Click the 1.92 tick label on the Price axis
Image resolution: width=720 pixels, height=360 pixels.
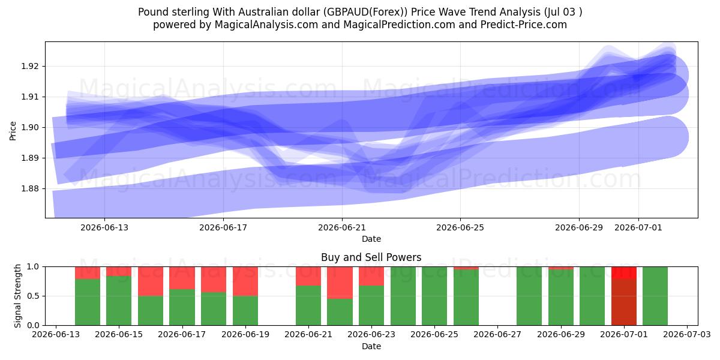pyautogui.click(x=29, y=66)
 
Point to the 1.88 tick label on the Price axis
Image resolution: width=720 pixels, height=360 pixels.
pyautogui.click(x=29, y=188)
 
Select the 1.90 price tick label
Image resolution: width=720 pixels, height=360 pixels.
pyautogui.click(x=29, y=127)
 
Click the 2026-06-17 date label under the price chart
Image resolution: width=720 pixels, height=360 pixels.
pyautogui.click(x=223, y=227)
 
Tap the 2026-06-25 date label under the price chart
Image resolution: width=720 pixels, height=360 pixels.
pyautogui.click(x=460, y=227)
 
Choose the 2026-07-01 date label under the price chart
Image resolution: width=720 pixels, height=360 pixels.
pyautogui.click(x=638, y=227)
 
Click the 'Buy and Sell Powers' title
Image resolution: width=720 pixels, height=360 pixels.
pyautogui.click(x=371, y=257)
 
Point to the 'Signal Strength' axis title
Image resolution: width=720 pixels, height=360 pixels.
pyautogui.click(x=17, y=296)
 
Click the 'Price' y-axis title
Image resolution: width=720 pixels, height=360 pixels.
pyautogui.click(x=13, y=131)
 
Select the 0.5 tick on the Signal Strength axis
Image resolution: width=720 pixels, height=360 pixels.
pyautogui.click(x=34, y=296)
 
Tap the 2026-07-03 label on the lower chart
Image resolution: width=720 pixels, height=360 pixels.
pyautogui.click(x=687, y=334)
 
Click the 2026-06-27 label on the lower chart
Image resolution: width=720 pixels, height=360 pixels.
pyautogui.click(x=497, y=334)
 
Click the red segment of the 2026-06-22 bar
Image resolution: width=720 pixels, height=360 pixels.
pyautogui.click(x=340, y=283)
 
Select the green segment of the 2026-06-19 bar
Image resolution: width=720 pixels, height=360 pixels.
pyautogui.click(x=245, y=311)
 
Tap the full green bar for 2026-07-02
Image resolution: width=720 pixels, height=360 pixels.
pyautogui.click(x=655, y=296)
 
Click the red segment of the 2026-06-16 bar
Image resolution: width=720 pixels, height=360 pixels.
pyautogui.click(x=151, y=281)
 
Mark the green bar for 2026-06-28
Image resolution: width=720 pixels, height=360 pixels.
pyautogui.click(x=529, y=296)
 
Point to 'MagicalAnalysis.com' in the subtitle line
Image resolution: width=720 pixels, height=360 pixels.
pyautogui.click(x=266, y=25)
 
